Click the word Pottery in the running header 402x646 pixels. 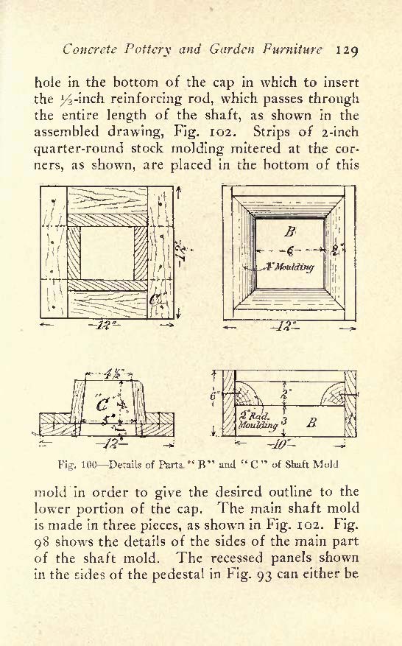(x=147, y=50)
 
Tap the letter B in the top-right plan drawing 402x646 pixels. (x=289, y=232)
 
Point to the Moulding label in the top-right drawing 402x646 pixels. (x=294, y=267)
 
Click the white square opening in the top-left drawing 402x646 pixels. (x=107, y=253)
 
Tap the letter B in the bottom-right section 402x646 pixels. (x=311, y=423)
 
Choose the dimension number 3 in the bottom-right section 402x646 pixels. (x=285, y=422)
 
